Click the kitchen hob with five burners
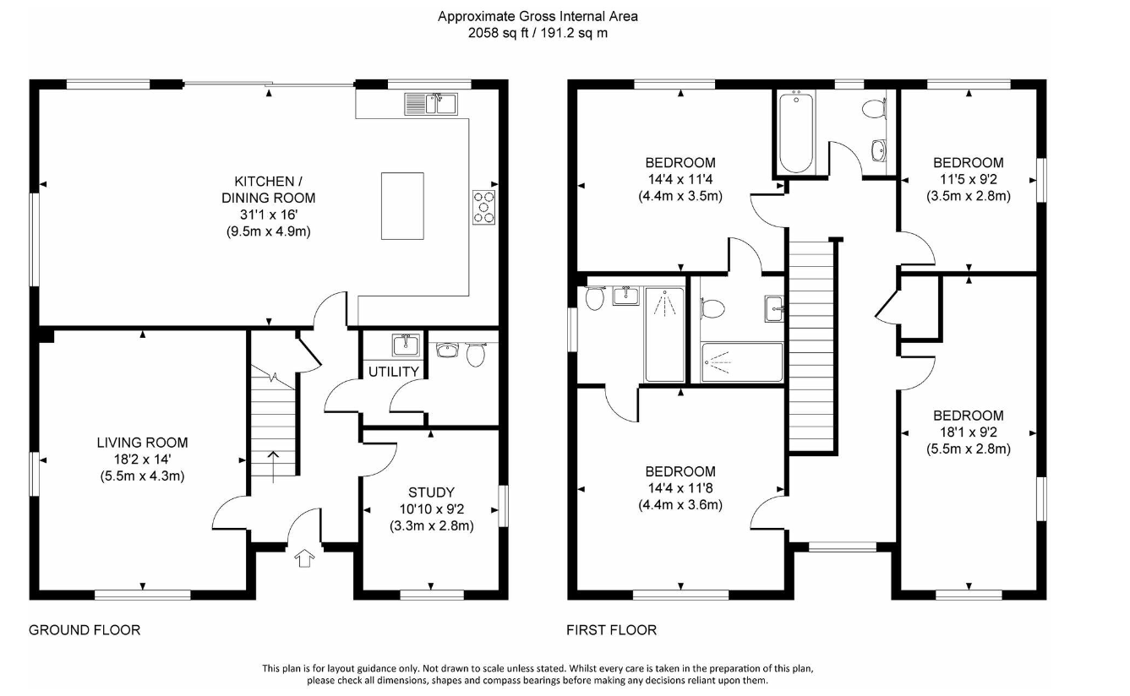[483, 207]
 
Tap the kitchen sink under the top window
[431, 104]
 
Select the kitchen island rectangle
[402, 205]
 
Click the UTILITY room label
[394, 372]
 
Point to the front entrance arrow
[304, 558]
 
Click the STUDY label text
[431, 492]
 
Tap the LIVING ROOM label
[142, 443]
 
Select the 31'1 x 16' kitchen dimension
[269, 215]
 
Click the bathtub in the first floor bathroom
[796, 132]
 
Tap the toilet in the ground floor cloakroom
[476, 354]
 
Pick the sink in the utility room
[406, 345]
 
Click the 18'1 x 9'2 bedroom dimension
[969, 432]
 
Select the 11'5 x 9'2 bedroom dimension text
[969, 179]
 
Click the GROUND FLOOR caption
[85, 630]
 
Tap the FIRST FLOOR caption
[611, 630]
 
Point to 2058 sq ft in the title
[498, 33]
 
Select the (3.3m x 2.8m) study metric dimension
[432, 525]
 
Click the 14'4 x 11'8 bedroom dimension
[680, 488]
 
